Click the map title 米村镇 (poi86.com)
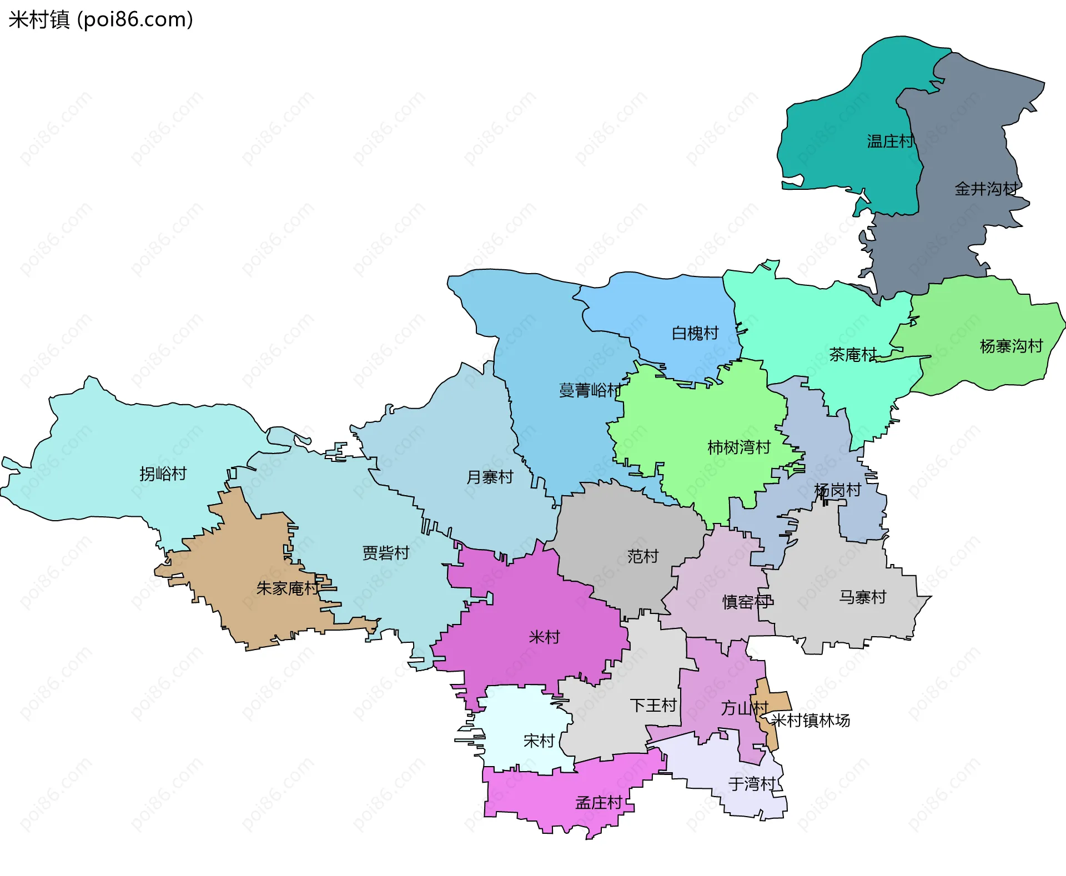[100, 19]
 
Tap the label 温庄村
[890, 142]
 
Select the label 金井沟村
[986, 189]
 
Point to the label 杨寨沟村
[1011, 346]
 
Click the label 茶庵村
[852, 354]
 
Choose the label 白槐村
[695, 333]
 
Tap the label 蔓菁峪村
[590, 390]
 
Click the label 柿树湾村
[738, 447]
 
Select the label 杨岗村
[837, 490]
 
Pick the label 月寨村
[490, 477]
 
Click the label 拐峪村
[163, 474]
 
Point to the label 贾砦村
[385, 553]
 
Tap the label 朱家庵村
[288, 588]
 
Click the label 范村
[642, 556]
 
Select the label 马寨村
[862, 597]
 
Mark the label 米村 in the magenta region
[544, 637]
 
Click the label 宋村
[539, 741]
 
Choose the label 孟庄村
[599, 803]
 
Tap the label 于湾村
[752, 784]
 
